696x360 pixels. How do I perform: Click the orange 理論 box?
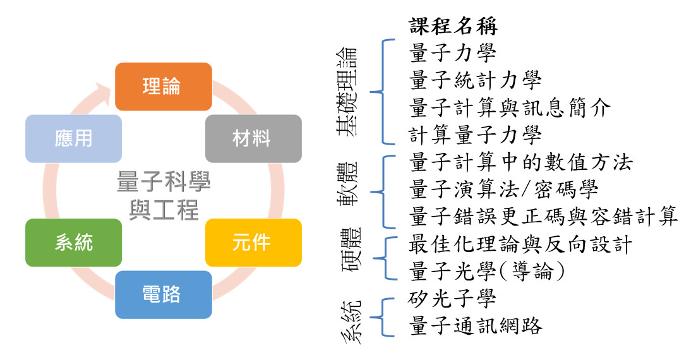[x=163, y=87]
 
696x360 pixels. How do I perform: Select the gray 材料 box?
[x=253, y=138]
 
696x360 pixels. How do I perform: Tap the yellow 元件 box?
[x=253, y=243]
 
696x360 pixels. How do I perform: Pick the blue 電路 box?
[x=163, y=294]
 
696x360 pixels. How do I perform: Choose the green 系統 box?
[x=73, y=243]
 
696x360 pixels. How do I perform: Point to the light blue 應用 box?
[x=73, y=138]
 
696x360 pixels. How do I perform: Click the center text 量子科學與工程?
[x=164, y=196]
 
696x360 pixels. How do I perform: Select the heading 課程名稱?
[x=453, y=27]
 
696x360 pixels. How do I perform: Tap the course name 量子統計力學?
[x=476, y=81]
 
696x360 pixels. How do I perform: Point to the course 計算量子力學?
[x=476, y=135]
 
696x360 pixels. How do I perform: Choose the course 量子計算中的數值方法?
[x=521, y=163]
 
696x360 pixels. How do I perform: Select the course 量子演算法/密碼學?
[x=503, y=189]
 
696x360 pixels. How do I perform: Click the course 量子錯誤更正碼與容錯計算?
[x=544, y=217]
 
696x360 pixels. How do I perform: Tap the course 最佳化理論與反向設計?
[x=521, y=244]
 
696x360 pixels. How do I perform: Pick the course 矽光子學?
[x=453, y=298]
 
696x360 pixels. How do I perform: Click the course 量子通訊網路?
[x=476, y=325]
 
